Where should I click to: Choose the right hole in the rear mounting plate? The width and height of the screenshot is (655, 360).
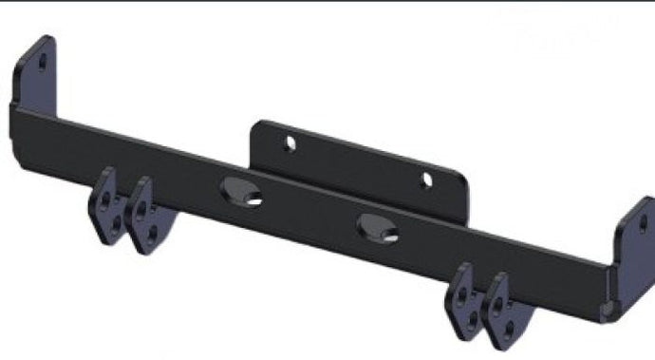pos(426,179)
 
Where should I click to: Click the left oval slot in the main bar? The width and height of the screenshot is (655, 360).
pos(240,193)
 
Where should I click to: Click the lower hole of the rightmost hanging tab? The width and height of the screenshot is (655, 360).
pos(509,328)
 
